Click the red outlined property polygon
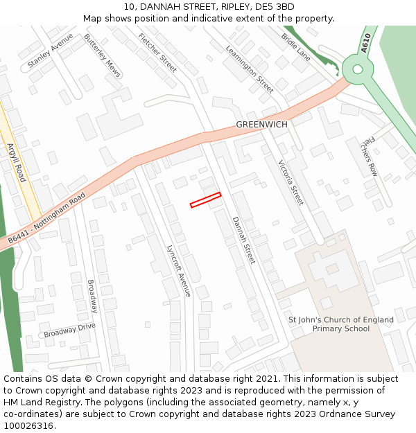tap(205, 200)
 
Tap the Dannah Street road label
tap(243, 240)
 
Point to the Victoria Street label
tap(291, 183)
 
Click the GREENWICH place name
tap(261, 125)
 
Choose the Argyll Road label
tap(15, 162)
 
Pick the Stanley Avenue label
tap(50, 51)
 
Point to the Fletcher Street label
tap(157, 52)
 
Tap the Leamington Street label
tap(250, 69)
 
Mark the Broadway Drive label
tap(69, 330)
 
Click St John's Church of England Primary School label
tap(341, 324)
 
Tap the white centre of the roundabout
tap(357, 69)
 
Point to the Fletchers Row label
tap(369, 156)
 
